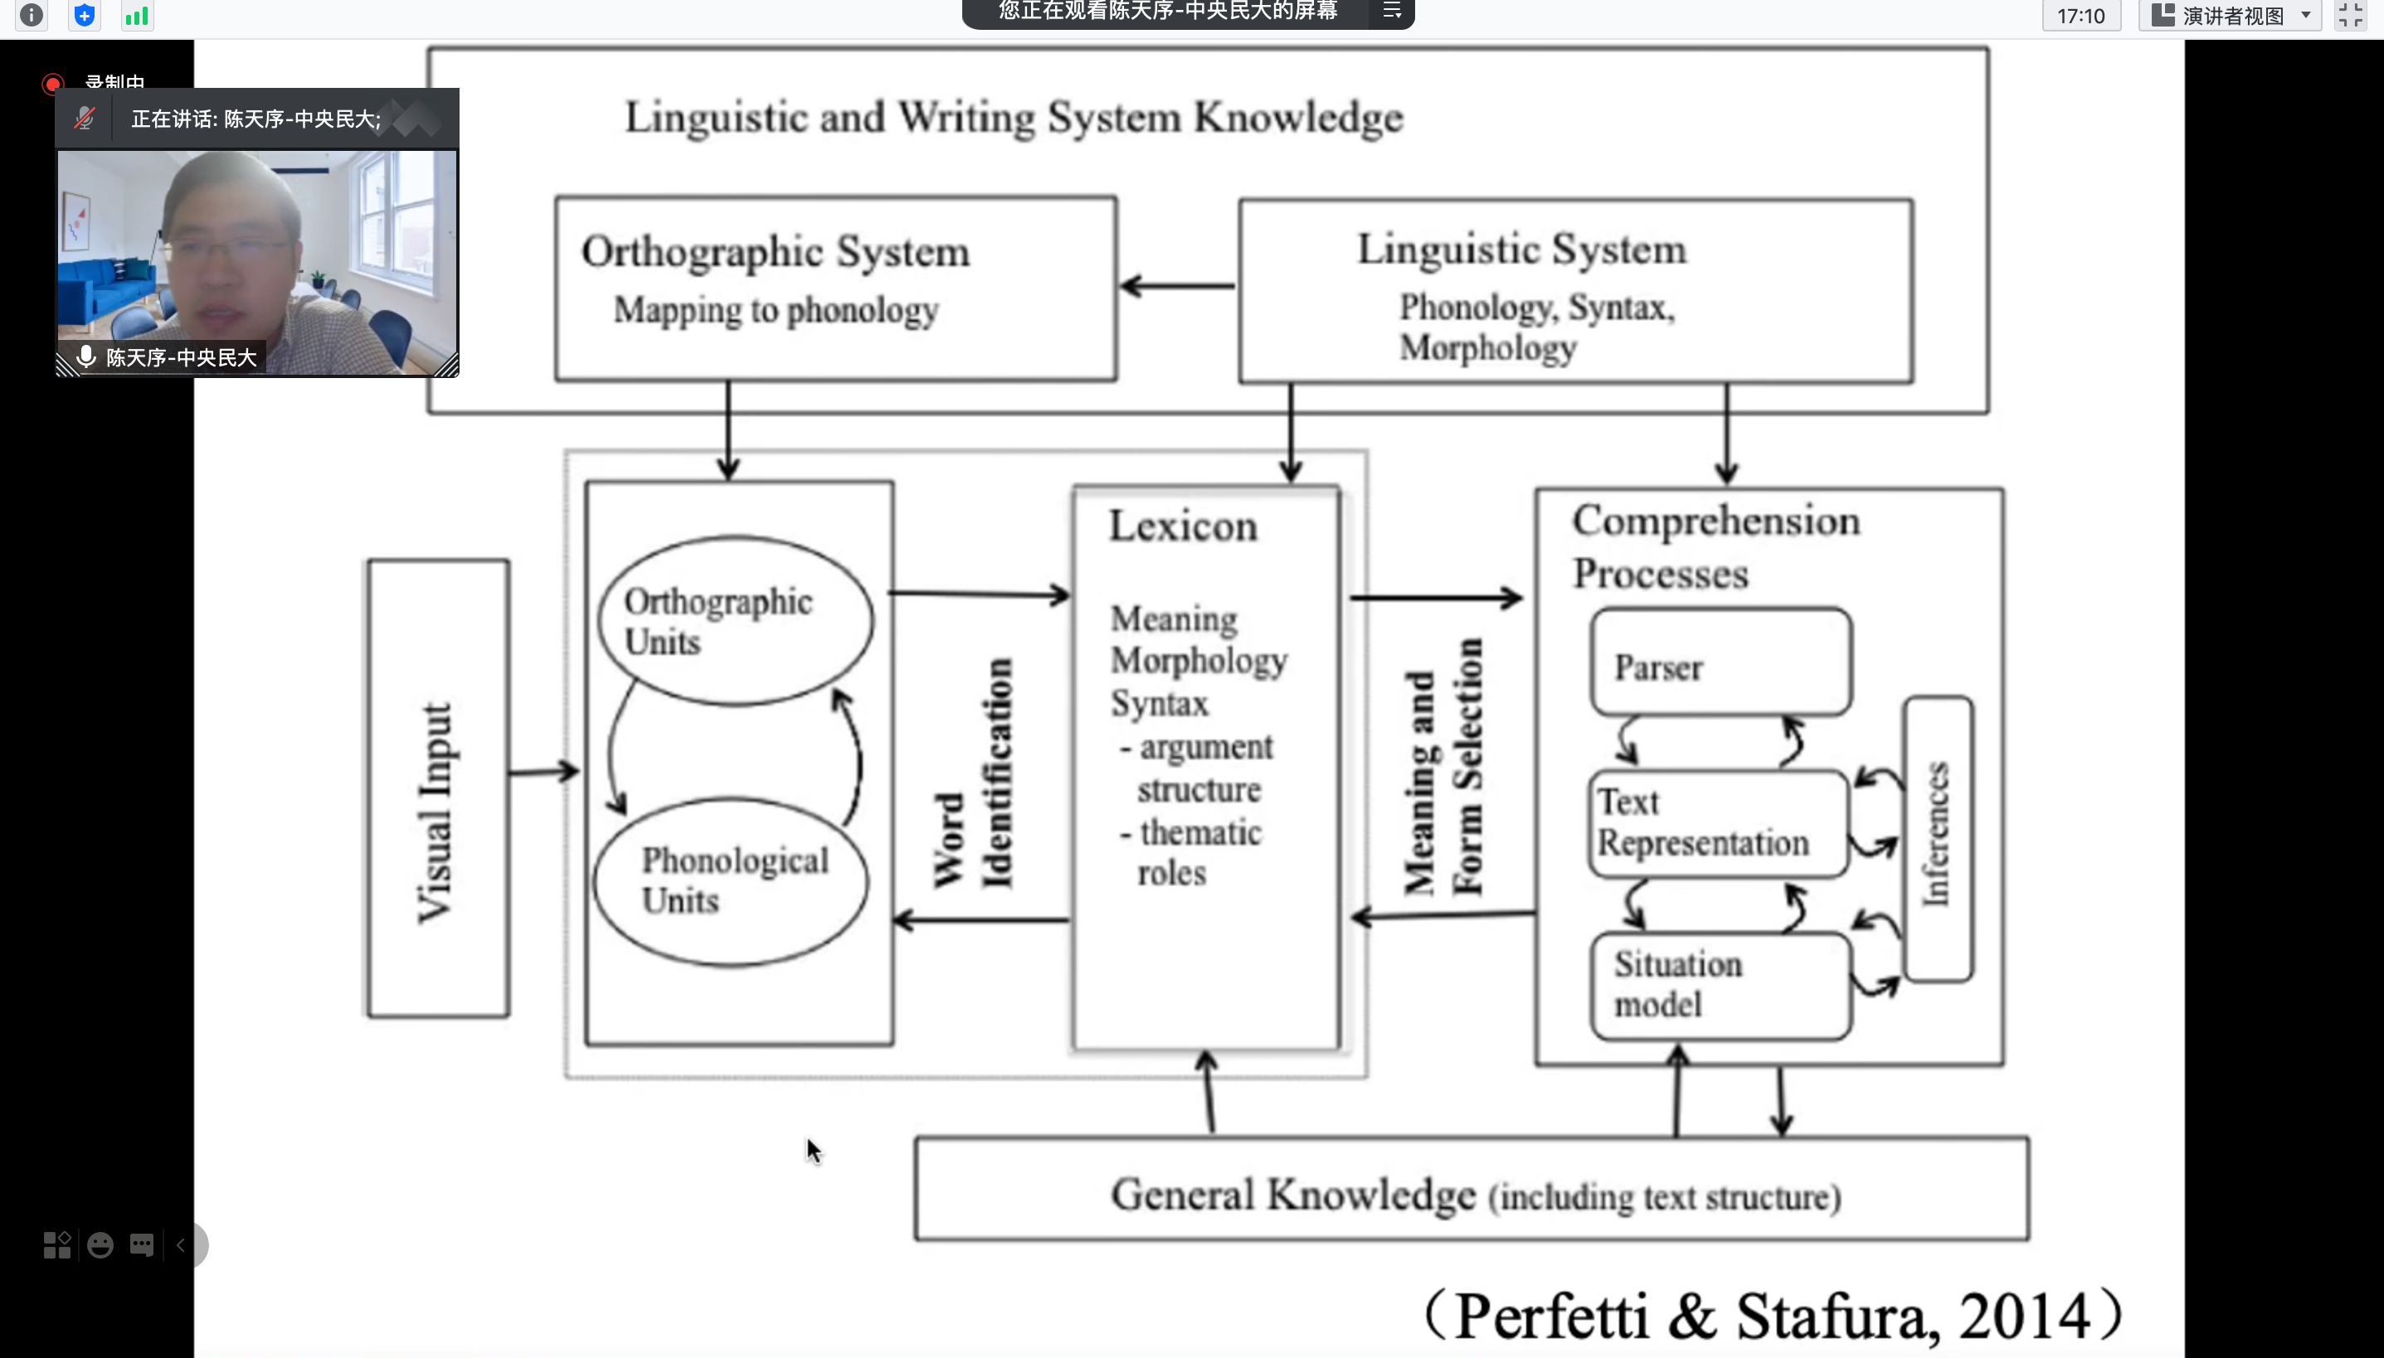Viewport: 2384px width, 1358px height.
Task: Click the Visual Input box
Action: pyautogui.click(x=438, y=788)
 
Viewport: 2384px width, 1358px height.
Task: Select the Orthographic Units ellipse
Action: pyautogui.click(x=735, y=620)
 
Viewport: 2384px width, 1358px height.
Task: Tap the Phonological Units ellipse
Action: pyautogui.click(x=732, y=880)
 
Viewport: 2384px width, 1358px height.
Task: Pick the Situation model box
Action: pyautogui.click(x=1720, y=985)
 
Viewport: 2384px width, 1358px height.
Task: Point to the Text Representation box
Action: pyautogui.click(x=1718, y=823)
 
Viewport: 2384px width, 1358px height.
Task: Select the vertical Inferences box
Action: pyautogui.click(x=1937, y=837)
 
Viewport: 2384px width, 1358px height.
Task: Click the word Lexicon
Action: pyautogui.click(x=1183, y=526)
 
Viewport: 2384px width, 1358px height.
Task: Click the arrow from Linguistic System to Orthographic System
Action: pyautogui.click(x=1178, y=285)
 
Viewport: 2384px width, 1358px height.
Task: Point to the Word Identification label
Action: pyautogui.click(x=973, y=774)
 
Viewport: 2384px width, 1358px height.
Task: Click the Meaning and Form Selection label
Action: pyautogui.click(x=1443, y=767)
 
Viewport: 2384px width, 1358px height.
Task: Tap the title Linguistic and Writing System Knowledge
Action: pyautogui.click(x=1014, y=118)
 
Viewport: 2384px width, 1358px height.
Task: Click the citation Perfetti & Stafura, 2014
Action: pyautogui.click(x=1771, y=1315)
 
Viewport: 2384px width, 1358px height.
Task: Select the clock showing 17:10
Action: pyautogui.click(x=2080, y=16)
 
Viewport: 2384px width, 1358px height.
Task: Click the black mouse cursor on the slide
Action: pyautogui.click(x=814, y=1151)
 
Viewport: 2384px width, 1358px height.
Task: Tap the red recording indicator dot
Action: pyautogui.click(x=53, y=84)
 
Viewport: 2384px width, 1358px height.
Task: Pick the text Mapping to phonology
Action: pyautogui.click(x=776, y=310)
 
